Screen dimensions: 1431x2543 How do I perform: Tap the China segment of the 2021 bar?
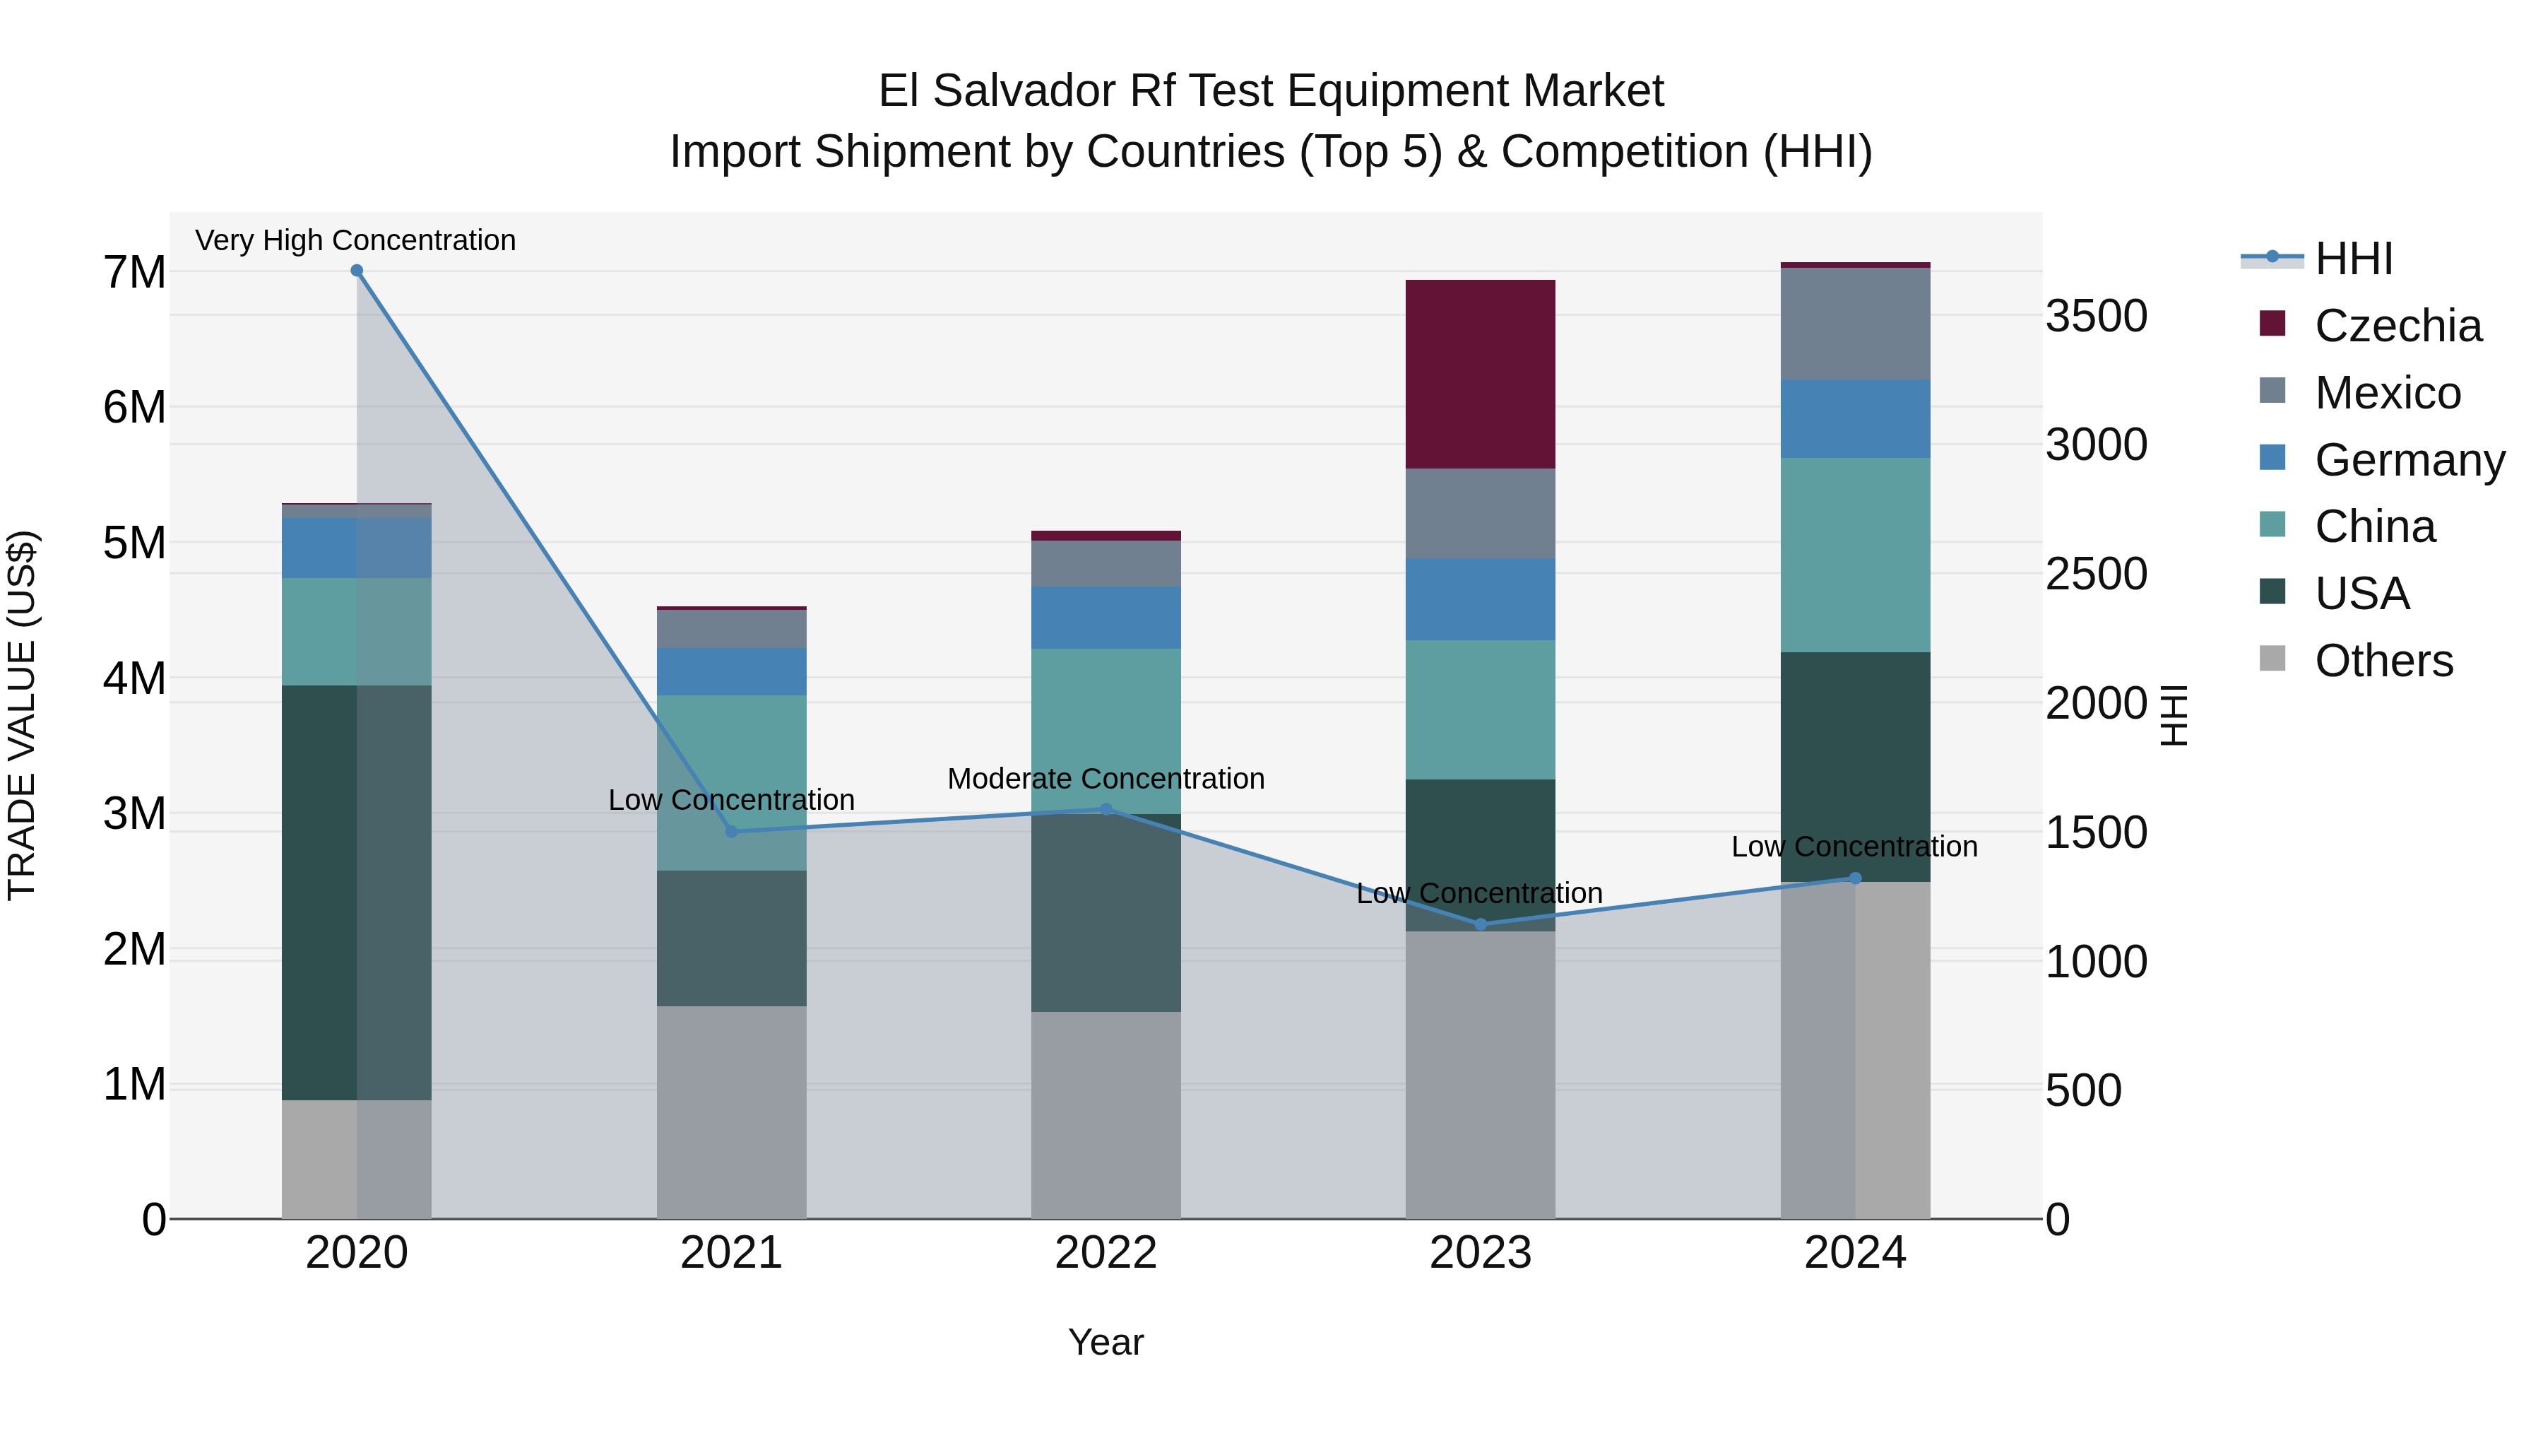click(x=732, y=782)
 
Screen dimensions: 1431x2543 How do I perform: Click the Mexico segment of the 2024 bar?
click(x=1854, y=323)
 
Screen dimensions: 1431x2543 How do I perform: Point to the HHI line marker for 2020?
click(x=357, y=271)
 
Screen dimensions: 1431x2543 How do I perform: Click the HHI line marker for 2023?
click(x=1480, y=924)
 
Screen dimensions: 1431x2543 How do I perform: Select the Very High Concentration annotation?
click(x=355, y=240)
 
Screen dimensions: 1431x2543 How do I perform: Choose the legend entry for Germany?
click(x=2409, y=460)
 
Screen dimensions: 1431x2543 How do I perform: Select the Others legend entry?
click(x=2383, y=661)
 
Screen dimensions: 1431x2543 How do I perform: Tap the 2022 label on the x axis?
click(x=1105, y=1253)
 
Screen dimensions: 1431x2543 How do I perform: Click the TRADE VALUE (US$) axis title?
click(x=22, y=715)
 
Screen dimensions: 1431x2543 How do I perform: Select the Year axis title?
click(x=1105, y=1342)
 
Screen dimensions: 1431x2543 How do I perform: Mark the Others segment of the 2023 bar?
click(x=1480, y=1074)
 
